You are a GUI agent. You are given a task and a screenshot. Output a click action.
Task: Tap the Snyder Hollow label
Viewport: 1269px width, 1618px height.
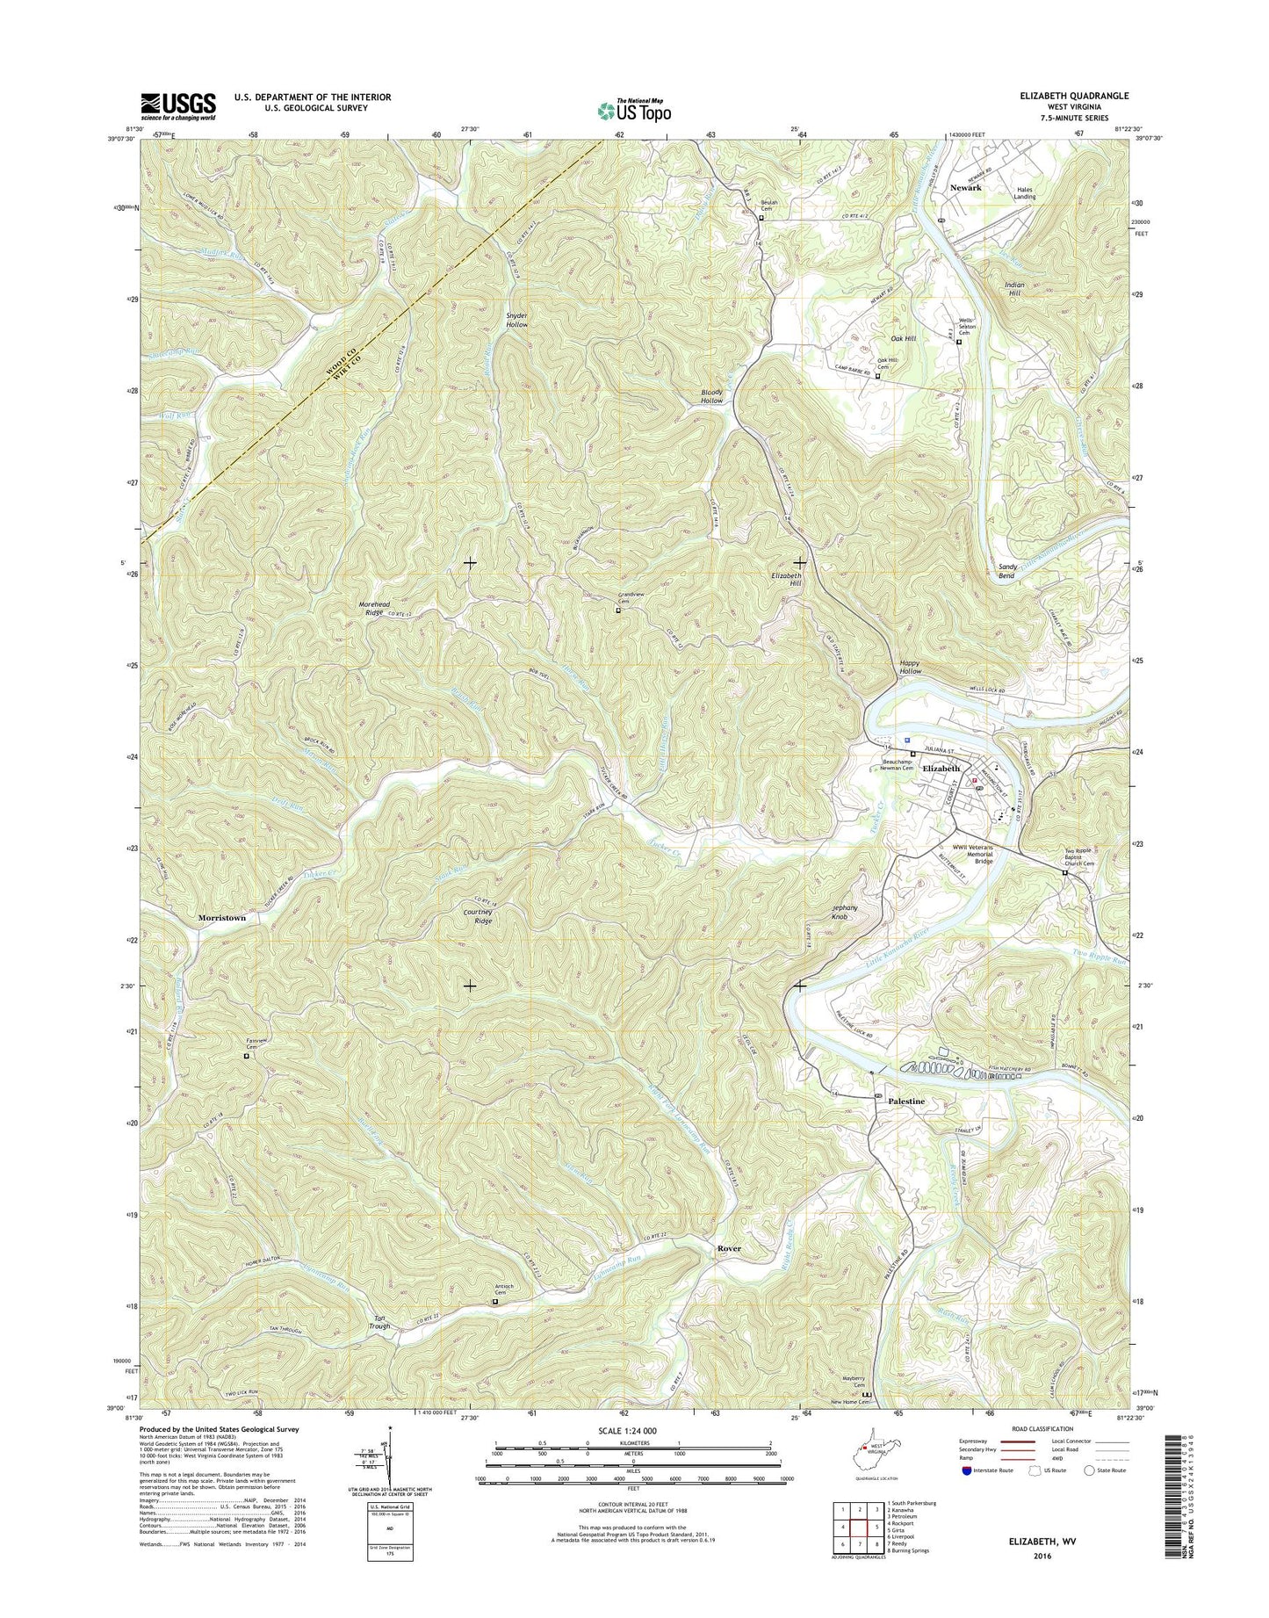click(516, 319)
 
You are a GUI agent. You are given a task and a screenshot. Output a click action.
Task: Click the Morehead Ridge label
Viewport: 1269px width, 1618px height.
click(381, 610)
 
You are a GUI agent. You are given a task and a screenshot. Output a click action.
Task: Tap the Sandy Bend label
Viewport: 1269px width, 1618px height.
click(1007, 572)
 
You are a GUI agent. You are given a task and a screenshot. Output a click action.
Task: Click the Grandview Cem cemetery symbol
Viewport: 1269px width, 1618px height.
click(617, 610)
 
